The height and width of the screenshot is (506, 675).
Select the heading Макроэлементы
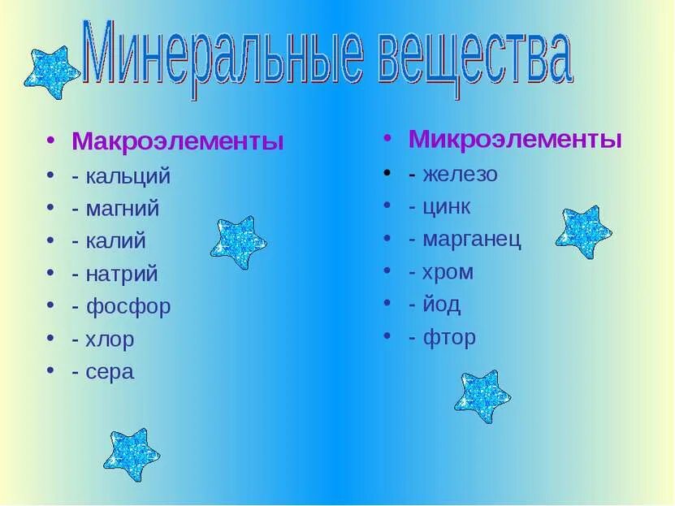[178, 141]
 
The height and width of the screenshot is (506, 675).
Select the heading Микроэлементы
[515, 139]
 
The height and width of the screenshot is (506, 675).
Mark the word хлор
[110, 339]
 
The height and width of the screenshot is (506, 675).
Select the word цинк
[446, 206]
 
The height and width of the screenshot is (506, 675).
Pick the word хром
[448, 272]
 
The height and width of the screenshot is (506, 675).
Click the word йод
[441, 305]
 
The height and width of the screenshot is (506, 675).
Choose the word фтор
[449, 338]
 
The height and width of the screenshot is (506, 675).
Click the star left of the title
[52, 71]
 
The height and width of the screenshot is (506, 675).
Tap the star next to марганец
[583, 231]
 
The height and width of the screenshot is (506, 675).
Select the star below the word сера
[131, 454]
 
